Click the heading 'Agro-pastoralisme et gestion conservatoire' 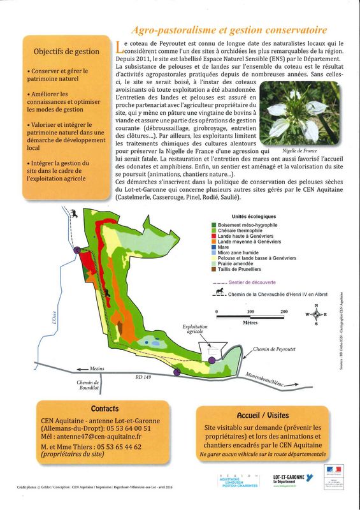tap(229, 30)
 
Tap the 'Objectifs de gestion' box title tap(66, 52)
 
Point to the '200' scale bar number tap(284, 312)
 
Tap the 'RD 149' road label tap(144, 377)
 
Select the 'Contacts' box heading tap(104, 409)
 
